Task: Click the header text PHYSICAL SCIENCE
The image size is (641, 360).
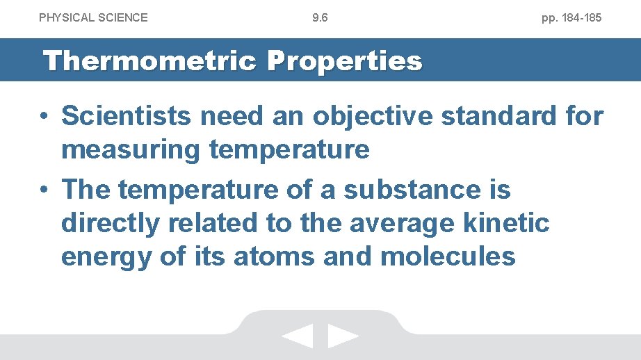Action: coord(93,17)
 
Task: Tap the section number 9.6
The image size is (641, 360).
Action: coord(320,17)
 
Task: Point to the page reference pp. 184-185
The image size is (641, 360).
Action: coord(571,17)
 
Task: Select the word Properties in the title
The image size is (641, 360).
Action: coord(344,61)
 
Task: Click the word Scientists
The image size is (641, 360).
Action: coord(126,116)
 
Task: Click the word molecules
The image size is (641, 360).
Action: coord(448,256)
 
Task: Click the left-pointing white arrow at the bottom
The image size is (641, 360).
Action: coord(298,337)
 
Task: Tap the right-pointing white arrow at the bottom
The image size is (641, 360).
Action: coord(343,337)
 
